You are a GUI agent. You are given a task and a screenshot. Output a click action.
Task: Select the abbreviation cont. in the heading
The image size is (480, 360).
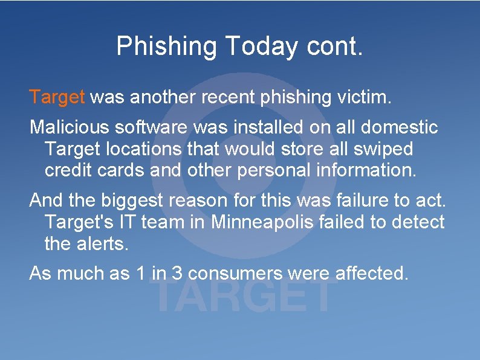[x=334, y=47]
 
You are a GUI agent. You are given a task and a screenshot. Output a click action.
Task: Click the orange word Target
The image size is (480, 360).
[x=58, y=97]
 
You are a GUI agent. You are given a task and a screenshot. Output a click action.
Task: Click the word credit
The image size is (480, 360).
[x=68, y=170]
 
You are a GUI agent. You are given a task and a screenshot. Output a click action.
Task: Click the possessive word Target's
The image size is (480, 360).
[x=79, y=222]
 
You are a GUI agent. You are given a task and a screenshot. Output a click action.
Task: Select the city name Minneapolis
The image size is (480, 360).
[x=262, y=222]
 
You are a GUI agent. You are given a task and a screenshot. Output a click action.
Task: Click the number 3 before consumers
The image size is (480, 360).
[x=177, y=274]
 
